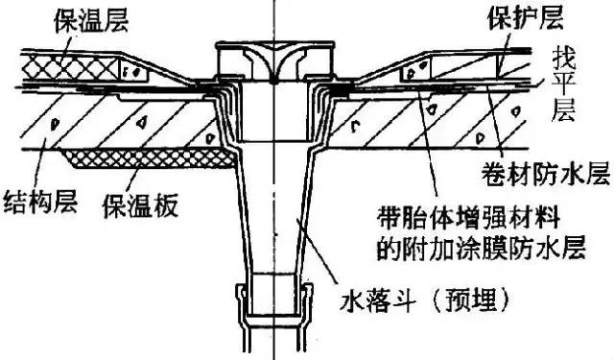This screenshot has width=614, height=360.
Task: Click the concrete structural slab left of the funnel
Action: coord(106,120)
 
